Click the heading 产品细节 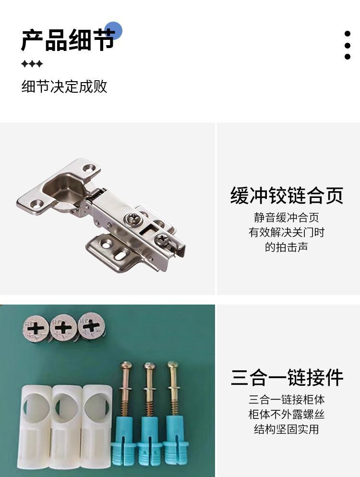(x=68, y=40)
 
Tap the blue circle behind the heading (x=113, y=30)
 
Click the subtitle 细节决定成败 (x=64, y=86)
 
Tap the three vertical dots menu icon (x=347, y=45)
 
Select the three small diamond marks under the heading (x=32, y=64)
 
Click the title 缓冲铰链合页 (x=287, y=196)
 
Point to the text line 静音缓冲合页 (x=287, y=218)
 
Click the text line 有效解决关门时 (x=287, y=232)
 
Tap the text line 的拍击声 (x=287, y=247)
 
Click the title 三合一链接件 (x=287, y=377)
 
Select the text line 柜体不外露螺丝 (x=287, y=414)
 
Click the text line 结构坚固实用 (x=287, y=429)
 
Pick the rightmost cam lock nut (x=91, y=326)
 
